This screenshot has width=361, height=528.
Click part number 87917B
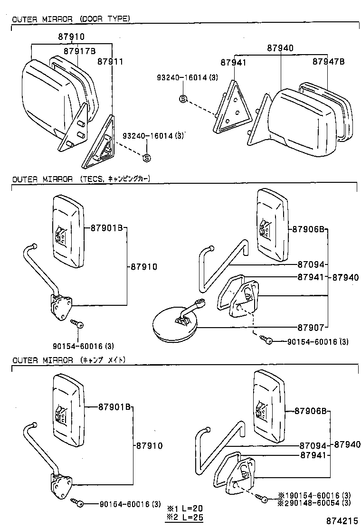tap(79, 51)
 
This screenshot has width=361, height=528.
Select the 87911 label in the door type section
tap(110, 61)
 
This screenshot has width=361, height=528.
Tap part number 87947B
tap(328, 62)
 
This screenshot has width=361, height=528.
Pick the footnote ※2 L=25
tap(184, 516)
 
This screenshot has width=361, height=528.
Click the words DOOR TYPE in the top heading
tap(104, 19)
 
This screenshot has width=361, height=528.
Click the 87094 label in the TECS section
tap(311, 264)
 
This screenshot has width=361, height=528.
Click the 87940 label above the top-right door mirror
tap(280, 48)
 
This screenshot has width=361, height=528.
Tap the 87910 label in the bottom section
tap(149, 446)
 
